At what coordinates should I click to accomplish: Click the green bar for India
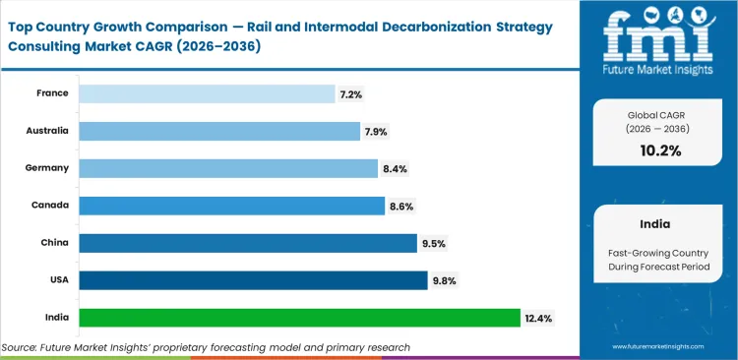(299, 318)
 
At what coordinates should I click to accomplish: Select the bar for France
(207, 93)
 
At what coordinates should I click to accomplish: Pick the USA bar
(253, 280)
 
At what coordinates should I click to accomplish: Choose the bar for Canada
(231, 206)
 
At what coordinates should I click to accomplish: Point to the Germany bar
(228, 168)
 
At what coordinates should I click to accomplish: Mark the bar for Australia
(219, 131)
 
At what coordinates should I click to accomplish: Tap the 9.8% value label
(444, 280)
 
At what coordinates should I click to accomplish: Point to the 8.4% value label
(395, 168)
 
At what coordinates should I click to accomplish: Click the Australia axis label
(47, 130)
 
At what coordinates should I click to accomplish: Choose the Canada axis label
(50, 205)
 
